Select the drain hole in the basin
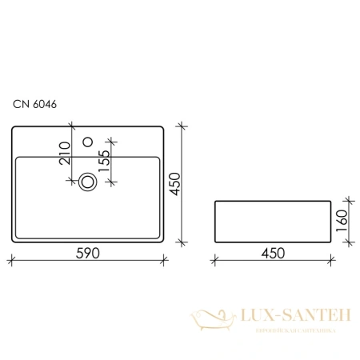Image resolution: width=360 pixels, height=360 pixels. pos(88,182)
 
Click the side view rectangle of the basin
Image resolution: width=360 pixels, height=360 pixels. pos(272,221)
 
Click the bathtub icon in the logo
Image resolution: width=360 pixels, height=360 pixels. pos(210,321)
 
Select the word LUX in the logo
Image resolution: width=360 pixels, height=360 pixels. pos(254,318)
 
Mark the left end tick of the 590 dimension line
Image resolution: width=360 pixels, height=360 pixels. pos(11,259)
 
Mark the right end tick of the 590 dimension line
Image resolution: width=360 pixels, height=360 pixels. pos(165,259)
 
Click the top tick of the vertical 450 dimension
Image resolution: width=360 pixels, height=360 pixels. pos(182,125)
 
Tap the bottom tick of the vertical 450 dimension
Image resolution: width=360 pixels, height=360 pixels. pos(182,242)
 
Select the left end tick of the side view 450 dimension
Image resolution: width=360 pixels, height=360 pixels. pos(215,259)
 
